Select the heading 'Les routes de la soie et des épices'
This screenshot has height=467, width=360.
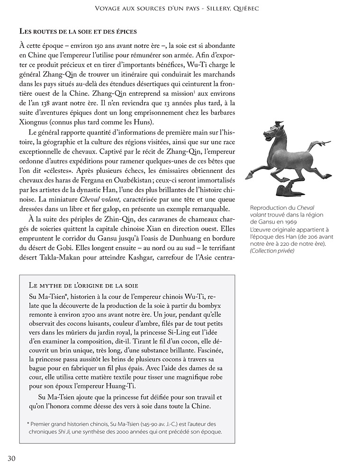pos(78,31)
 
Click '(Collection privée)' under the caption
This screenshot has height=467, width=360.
pos(272,251)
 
